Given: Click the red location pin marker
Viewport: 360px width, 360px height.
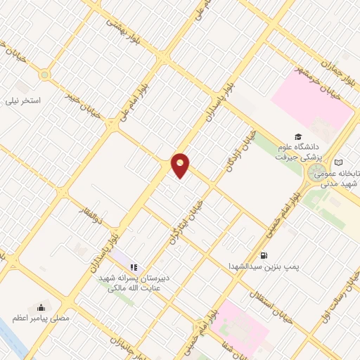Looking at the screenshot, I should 181,165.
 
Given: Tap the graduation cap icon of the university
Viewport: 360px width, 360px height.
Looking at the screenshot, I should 298,136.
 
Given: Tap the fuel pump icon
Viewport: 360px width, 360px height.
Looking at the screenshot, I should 264,255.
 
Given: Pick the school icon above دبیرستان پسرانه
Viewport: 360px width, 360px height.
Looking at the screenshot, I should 133,266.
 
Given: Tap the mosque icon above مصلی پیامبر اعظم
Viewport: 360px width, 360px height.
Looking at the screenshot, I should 41,307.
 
